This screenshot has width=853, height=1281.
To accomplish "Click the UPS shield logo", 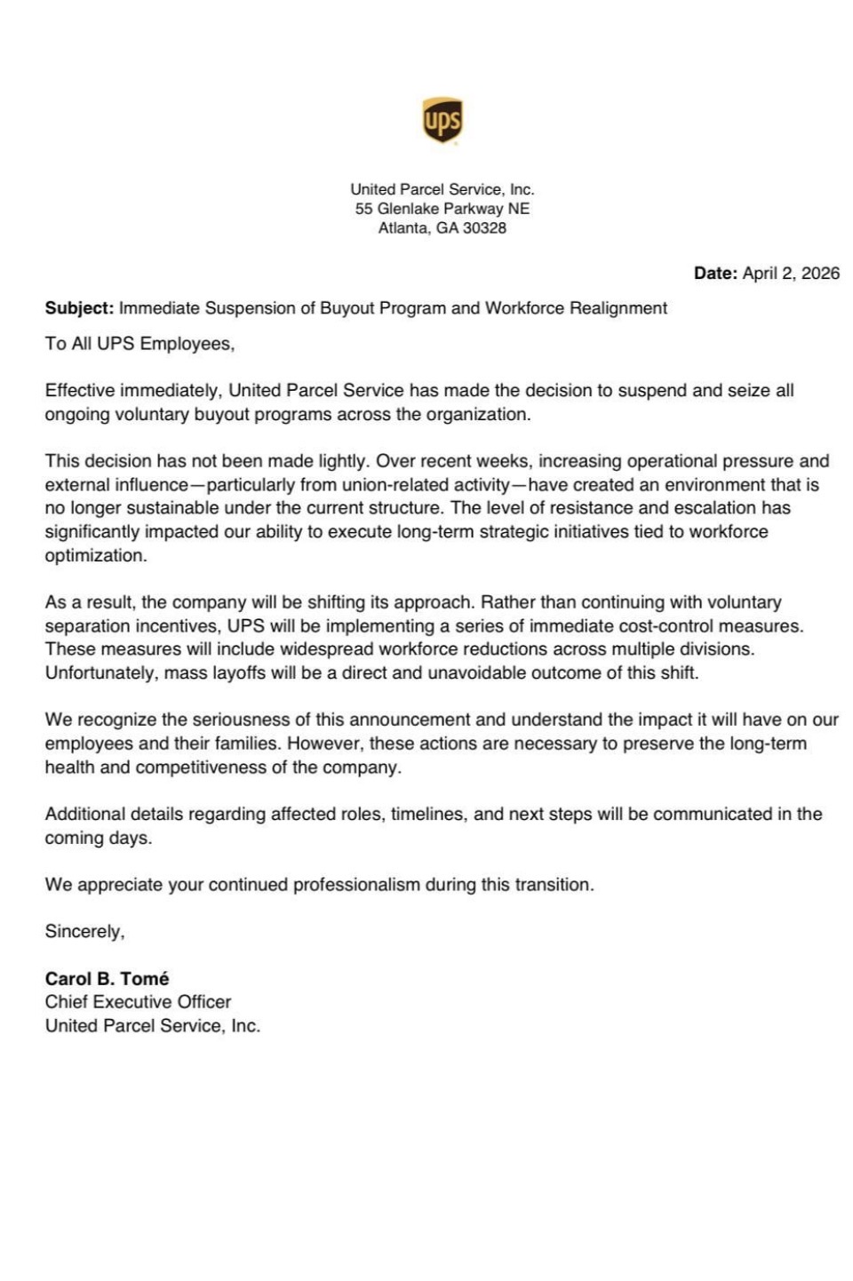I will (x=442, y=121).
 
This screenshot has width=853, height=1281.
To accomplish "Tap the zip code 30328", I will (x=484, y=228).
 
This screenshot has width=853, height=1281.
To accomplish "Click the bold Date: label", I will (x=715, y=274).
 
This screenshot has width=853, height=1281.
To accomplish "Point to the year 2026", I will (x=820, y=274).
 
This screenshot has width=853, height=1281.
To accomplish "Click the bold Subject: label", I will (x=79, y=308).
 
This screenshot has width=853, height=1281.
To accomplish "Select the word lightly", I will (x=339, y=461).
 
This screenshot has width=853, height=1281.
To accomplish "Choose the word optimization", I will (x=95, y=555).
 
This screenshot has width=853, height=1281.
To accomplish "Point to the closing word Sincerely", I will (x=84, y=931).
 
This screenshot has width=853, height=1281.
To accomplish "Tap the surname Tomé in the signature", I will (x=145, y=978).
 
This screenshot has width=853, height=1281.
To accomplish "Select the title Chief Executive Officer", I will (x=138, y=1002).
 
